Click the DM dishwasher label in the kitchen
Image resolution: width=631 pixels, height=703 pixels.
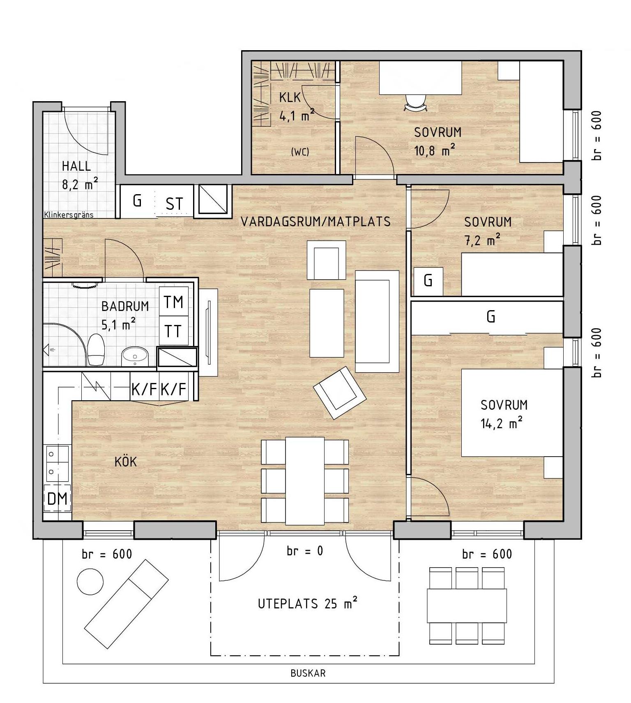pos(58,499)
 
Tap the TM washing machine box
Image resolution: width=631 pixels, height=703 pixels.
pos(174,302)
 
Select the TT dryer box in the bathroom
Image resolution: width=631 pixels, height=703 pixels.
pos(174,331)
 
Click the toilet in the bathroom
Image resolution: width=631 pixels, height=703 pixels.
pos(96,350)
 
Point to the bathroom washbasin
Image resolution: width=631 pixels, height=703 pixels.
pos(135,356)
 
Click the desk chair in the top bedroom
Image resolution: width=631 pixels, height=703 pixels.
pos(416,103)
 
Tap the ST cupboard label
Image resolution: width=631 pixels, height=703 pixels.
pos(174,204)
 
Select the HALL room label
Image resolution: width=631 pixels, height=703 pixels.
pos(76,166)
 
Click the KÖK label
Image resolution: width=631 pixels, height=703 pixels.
pos(126,462)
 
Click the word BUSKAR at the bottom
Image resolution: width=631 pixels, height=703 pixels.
pos(308,673)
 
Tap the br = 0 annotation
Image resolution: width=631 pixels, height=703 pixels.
pos(305,551)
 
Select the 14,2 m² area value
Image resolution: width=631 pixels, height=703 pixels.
pos(502,423)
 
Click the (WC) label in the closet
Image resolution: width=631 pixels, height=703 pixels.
pos(300,152)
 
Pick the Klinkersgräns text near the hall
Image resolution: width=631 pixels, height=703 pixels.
pos(69,215)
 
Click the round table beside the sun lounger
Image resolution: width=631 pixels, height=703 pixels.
pos(90,581)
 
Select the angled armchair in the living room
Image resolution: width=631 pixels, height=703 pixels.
pos(339,393)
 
